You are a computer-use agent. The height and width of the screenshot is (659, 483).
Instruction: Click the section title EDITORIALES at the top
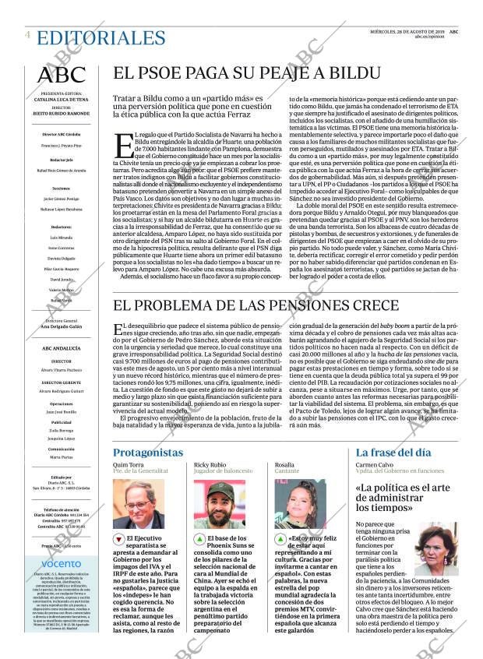[x=101, y=38]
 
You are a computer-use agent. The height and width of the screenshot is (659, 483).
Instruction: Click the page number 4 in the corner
[x=27, y=35]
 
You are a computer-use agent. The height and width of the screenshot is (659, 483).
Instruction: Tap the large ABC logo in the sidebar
[x=62, y=75]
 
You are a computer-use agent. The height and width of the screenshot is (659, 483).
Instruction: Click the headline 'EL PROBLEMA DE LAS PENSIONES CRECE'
[x=266, y=306]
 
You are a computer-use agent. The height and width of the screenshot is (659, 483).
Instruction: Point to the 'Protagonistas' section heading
[x=148, y=453]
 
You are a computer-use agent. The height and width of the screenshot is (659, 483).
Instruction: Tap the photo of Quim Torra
[x=139, y=504]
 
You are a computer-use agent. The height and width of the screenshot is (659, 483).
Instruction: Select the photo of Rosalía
[x=301, y=504]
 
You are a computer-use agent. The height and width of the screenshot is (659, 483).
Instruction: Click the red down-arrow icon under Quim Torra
[x=118, y=539]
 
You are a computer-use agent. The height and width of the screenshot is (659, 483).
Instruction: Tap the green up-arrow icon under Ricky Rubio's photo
[x=199, y=539]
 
